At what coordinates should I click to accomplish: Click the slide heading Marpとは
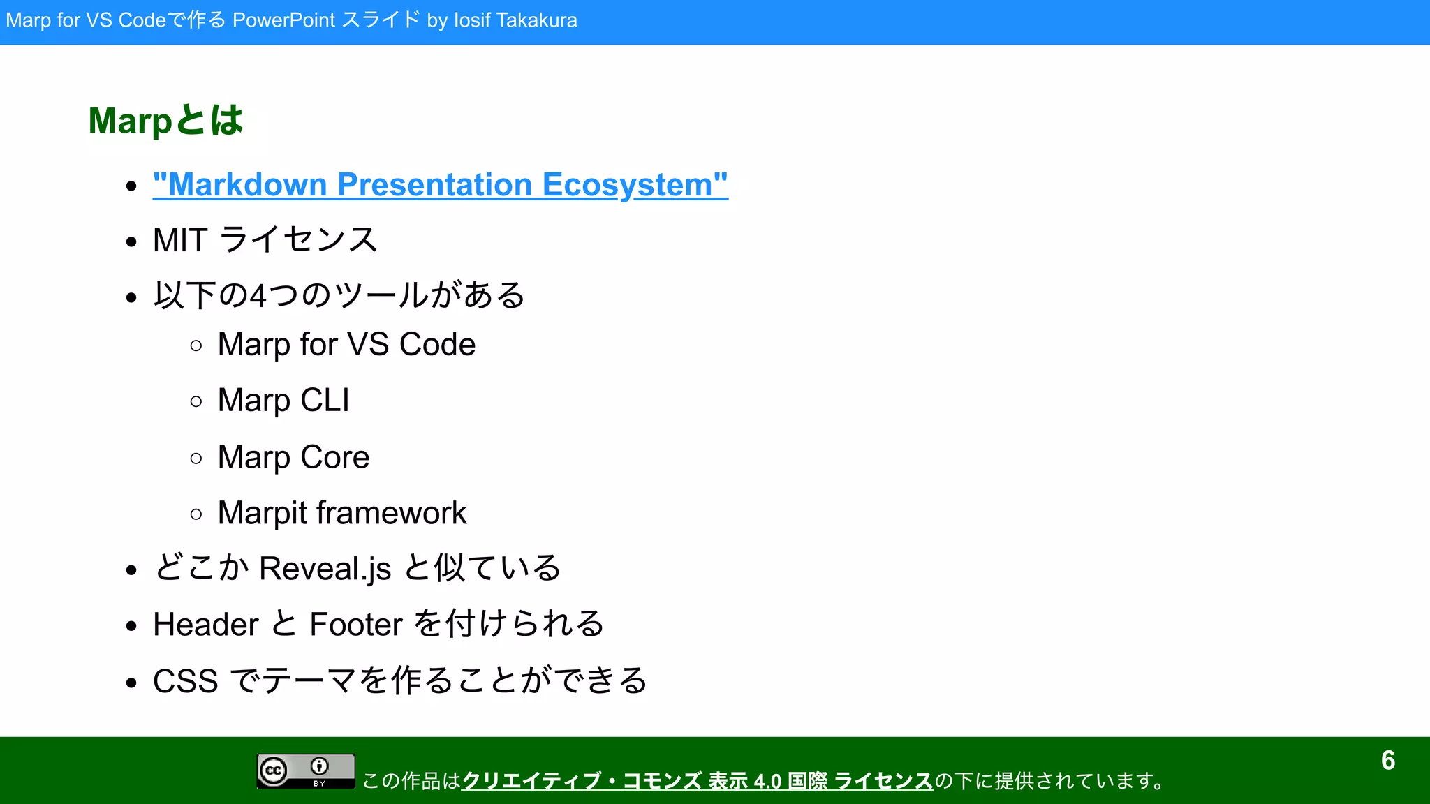tap(165, 120)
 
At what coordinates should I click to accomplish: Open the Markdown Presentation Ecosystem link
tap(440, 185)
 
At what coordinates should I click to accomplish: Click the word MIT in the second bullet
tap(180, 240)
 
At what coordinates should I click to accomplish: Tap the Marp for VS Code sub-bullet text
tap(346, 344)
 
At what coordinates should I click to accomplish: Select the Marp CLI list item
tap(283, 401)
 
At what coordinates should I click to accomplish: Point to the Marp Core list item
tap(293, 457)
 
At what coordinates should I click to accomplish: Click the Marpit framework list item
tap(341, 513)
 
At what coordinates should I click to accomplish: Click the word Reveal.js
tap(325, 568)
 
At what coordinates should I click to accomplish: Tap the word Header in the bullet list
tap(205, 625)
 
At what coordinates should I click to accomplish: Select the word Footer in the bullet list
tap(356, 625)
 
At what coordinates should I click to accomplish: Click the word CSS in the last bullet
tap(185, 681)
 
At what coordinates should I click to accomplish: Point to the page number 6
tap(1387, 761)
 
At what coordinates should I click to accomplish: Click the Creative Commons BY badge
tap(306, 771)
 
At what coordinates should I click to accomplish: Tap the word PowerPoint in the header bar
tap(283, 20)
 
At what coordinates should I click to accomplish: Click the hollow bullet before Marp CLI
tap(196, 401)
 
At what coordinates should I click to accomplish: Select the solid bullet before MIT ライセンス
tap(131, 242)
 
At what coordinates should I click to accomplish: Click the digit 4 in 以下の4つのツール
tap(258, 296)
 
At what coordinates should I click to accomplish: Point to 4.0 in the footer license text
tap(767, 781)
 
